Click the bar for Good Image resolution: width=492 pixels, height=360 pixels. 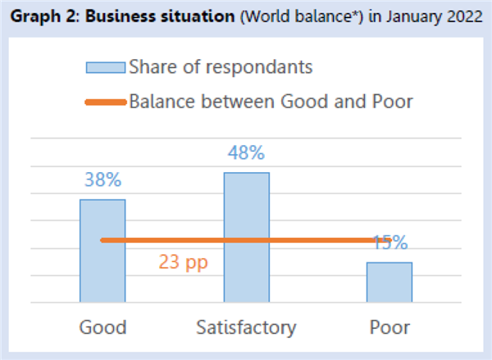[102, 251]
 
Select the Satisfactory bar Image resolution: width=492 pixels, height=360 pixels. [247, 237]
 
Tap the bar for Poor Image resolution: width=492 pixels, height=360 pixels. [389, 282]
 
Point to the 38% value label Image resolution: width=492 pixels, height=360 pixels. [103, 180]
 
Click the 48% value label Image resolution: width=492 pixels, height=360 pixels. [246, 153]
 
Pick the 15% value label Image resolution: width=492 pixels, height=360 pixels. [390, 243]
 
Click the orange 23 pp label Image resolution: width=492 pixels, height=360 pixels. [183, 262]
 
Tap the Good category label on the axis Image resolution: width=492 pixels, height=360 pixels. [103, 327]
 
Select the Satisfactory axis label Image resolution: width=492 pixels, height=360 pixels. [246, 328]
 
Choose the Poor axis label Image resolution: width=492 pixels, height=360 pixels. [389, 327]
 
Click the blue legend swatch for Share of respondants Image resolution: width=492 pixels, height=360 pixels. [106, 67]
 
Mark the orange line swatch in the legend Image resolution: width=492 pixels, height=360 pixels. [106, 103]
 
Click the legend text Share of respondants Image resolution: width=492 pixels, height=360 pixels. [221, 67]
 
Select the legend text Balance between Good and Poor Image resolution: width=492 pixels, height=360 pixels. [271, 102]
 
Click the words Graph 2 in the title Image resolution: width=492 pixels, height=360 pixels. [43, 16]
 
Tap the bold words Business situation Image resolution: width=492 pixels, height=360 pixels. [160, 16]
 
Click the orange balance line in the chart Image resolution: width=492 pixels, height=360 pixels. [246, 240]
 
